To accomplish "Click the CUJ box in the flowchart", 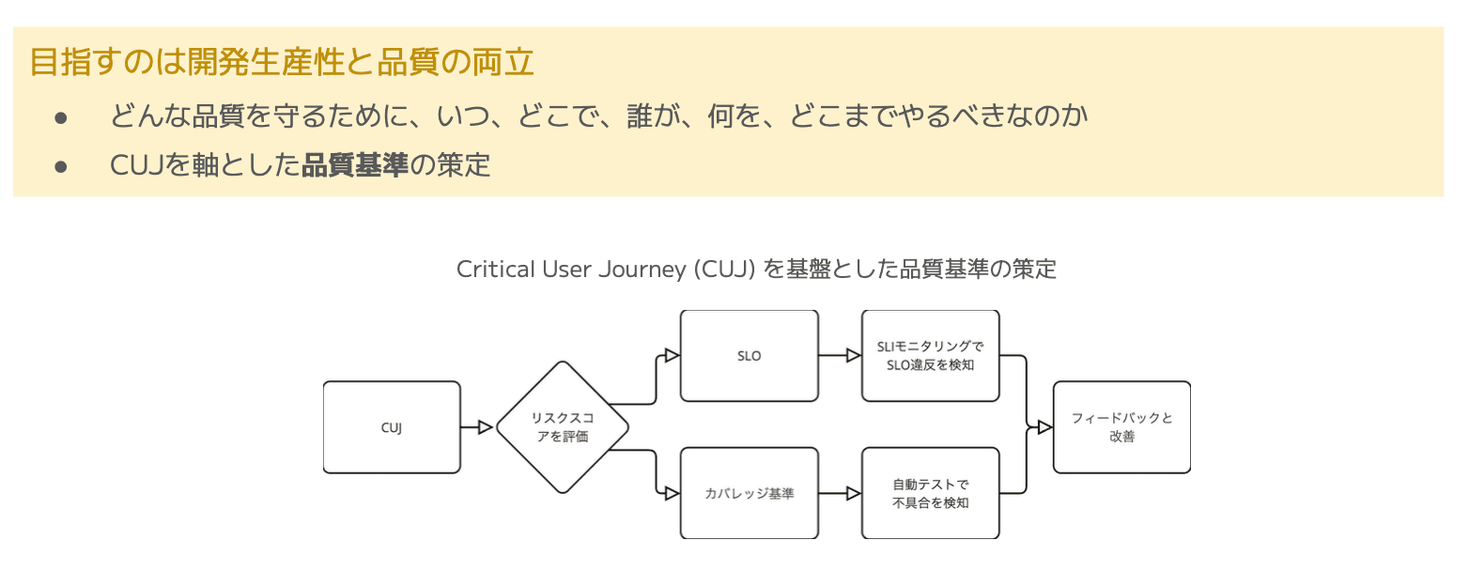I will tap(392, 427).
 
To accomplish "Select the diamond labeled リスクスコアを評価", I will tap(562, 427).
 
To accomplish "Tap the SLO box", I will tap(749, 356).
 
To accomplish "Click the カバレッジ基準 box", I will tap(749, 493).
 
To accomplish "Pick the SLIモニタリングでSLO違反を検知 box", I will tap(930, 356).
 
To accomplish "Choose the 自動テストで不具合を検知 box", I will tap(930, 493).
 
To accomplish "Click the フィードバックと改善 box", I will tap(1121, 427).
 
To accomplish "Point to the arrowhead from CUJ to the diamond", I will tap(486, 427).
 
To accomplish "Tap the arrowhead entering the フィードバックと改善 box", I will tap(1044, 427).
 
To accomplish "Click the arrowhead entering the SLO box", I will tap(672, 355).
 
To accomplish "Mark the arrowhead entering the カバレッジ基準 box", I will tap(672, 493).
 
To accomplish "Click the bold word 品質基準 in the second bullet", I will tap(355, 165).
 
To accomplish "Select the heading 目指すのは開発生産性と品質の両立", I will tap(282, 62).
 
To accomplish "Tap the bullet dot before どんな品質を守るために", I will tap(61, 117).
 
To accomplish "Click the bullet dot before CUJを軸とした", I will tap(61, 166).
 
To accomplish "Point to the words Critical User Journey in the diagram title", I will tap(573, 269).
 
